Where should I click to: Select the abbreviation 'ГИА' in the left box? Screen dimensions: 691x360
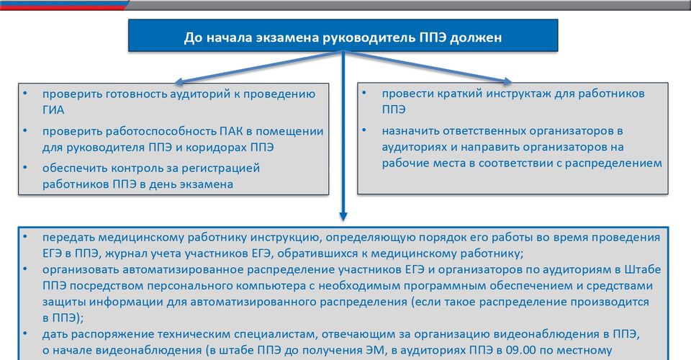53,109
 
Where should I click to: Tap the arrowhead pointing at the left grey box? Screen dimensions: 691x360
179,81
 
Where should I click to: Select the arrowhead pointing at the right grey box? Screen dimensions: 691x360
507,81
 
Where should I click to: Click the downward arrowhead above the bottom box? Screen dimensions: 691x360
343,216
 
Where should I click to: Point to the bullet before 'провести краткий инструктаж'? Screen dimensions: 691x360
364,93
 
